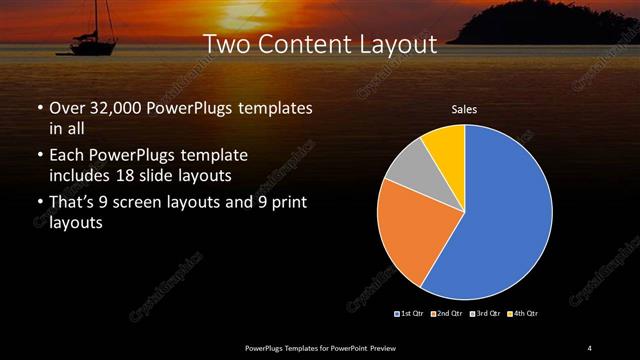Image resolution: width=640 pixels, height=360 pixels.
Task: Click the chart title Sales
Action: [x=464, y=109]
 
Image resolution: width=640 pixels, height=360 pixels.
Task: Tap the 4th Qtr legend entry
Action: [x=522, y=314]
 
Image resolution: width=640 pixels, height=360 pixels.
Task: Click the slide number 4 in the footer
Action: [x=590, y=347]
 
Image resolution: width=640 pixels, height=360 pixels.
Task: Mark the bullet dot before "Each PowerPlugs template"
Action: [x=40, y=157]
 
